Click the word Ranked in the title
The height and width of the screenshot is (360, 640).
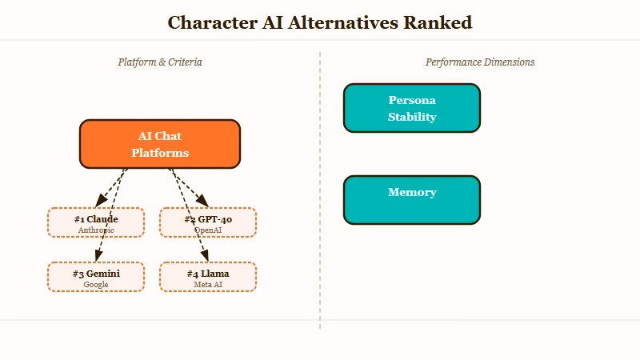click(438, 22)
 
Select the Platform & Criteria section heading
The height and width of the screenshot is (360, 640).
click(160, 62)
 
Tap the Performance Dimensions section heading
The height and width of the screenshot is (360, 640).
click(480, 62)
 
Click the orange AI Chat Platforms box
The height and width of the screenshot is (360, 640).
click(160, 144)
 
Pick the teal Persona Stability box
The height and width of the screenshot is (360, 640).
click(411, 108)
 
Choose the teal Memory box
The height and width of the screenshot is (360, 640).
click(411, 200)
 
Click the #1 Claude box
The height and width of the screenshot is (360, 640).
click(96, 222)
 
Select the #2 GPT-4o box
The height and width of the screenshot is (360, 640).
click(208, 222)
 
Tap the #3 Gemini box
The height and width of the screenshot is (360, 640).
click(96, 276)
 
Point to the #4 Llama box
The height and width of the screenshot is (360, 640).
click(208, 276)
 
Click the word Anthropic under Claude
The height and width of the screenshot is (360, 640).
click(96, 230)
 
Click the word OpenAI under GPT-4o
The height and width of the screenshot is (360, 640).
click(208, 230)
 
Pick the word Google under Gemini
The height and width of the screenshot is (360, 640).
click(96, 284)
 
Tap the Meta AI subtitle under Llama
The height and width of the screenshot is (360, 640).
click(208, 284)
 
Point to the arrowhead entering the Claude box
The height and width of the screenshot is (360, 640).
click(99, 204)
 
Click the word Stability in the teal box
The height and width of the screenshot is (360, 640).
click(412, 117)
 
